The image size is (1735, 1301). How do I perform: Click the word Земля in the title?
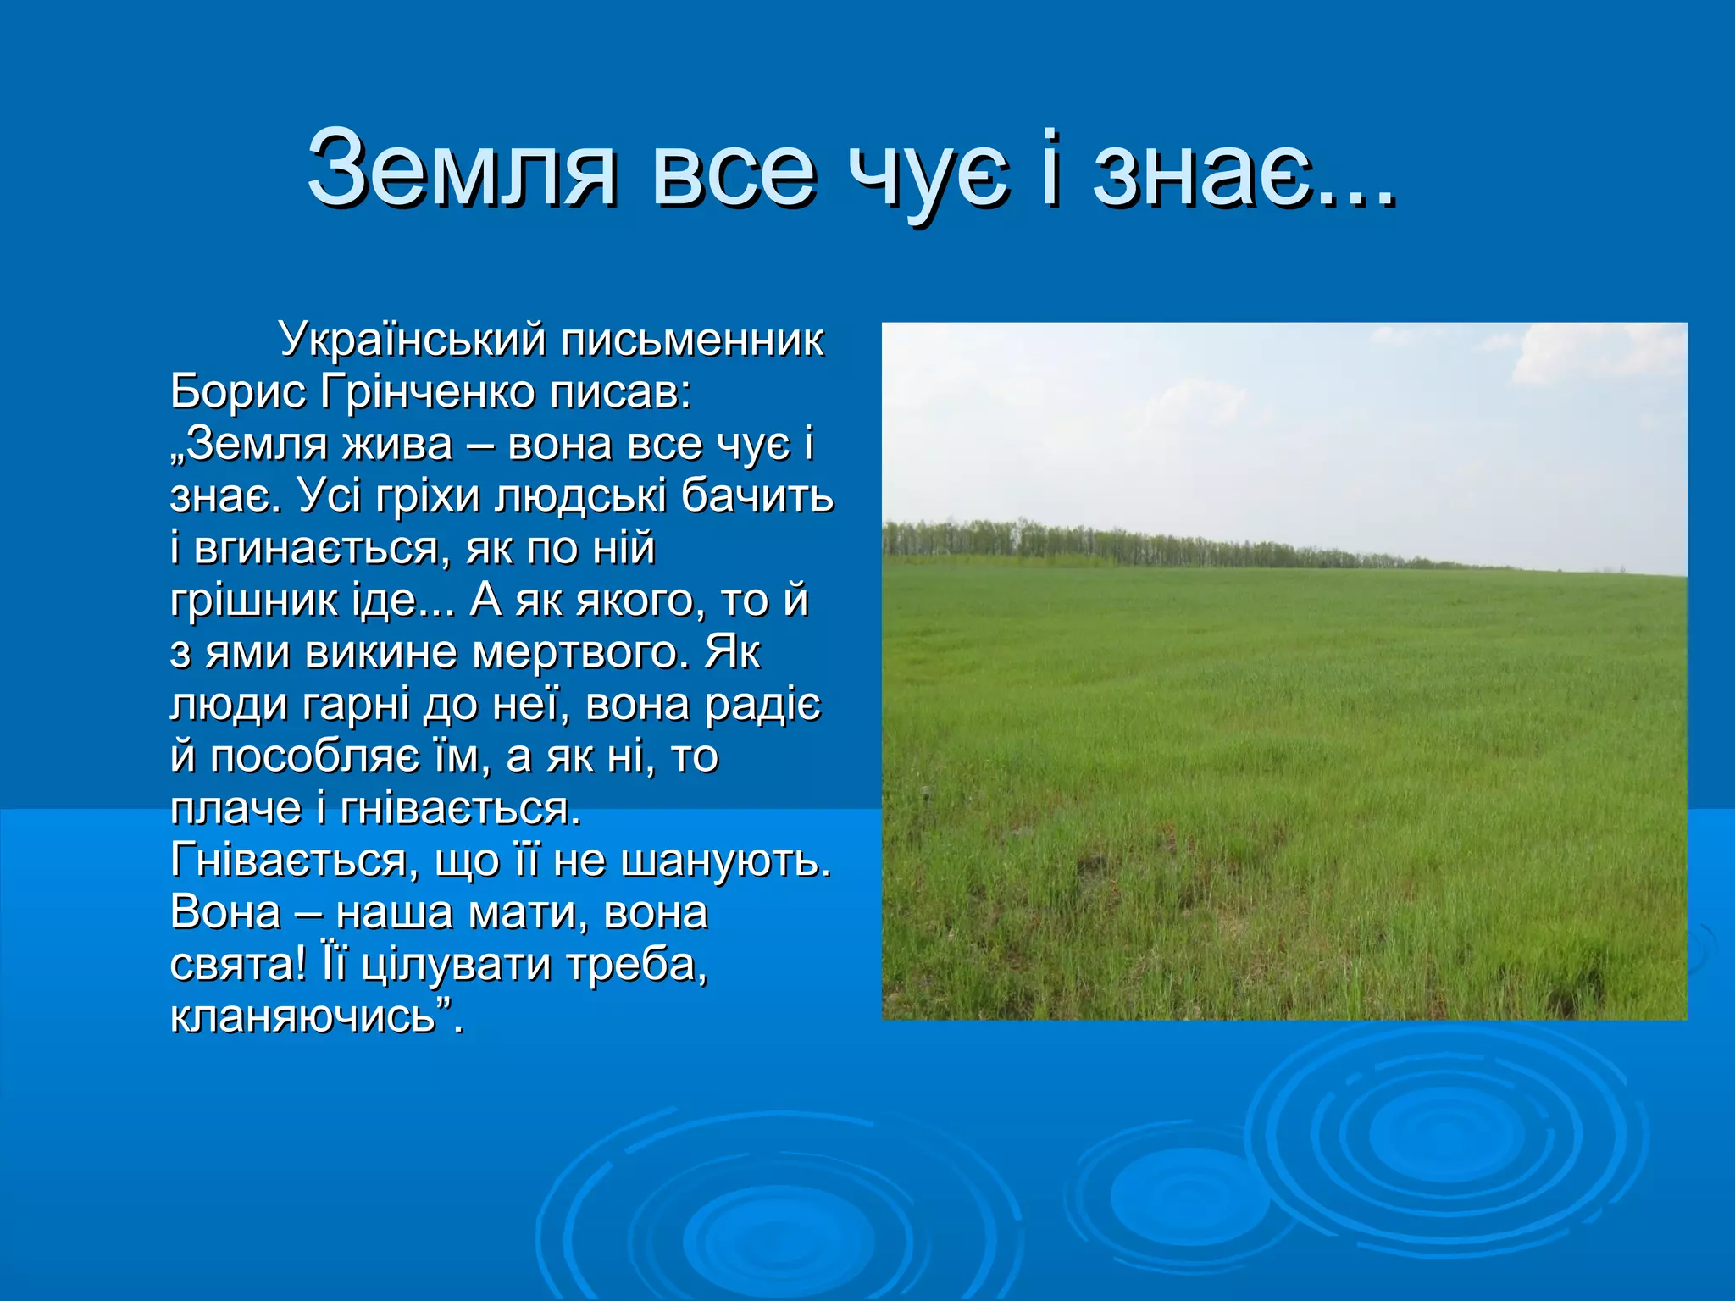click(462, 169)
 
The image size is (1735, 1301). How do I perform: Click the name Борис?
click(238, 392)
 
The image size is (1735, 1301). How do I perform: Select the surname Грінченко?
click(428, 392)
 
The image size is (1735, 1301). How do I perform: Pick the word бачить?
click(757, 496)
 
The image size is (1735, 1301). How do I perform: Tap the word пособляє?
click(313, 757)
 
